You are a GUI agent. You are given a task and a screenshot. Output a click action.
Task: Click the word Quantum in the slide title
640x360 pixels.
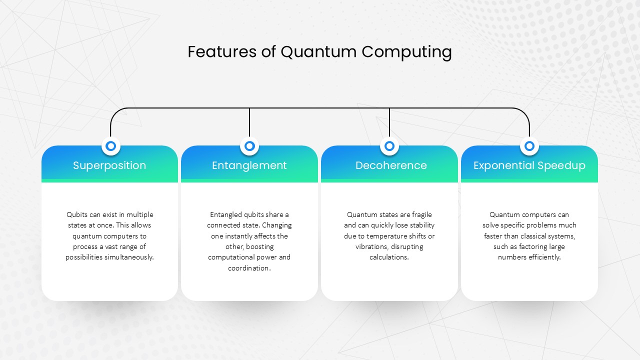pos(318,52)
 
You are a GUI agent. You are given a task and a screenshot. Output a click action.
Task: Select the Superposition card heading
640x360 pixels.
pos(109,165)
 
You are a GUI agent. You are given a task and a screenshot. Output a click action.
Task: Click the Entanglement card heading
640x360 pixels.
pos(249,165)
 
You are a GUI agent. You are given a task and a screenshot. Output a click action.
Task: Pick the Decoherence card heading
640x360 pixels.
pos(391,165)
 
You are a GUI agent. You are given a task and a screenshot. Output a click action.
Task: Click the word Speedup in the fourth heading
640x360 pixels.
pos(561,165)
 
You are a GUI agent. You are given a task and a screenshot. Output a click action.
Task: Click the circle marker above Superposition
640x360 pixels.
pos(111,146)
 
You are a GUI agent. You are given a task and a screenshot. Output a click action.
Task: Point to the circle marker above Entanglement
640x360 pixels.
pos(249,146)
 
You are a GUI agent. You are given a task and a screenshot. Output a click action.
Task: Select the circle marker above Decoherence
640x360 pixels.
pos(389,146)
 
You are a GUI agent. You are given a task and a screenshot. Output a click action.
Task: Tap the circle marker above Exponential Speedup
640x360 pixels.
pos(529,146)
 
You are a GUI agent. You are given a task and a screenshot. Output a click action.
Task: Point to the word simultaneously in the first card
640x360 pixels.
pos(129,257)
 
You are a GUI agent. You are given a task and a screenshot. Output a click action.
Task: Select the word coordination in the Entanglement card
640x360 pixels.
pos(249,268)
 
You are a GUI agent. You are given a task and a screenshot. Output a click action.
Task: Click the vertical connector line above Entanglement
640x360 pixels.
pos(249,122)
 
